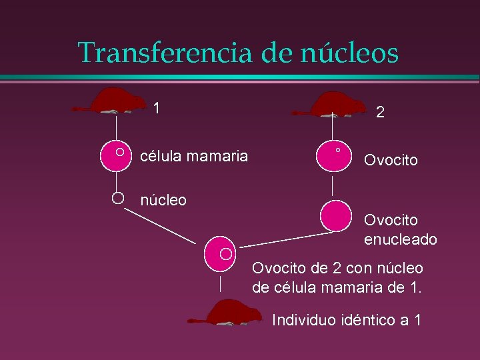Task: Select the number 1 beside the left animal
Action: (156, 107)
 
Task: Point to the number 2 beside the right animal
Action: (379, 113)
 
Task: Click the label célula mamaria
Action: (193, 156)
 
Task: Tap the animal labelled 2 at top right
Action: (338, 104)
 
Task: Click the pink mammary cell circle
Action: (116, 155)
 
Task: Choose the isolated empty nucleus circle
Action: (117, 197)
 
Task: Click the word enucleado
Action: (400, 239)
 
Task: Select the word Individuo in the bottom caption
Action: (301, 319)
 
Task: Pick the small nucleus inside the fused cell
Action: (226, 253)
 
